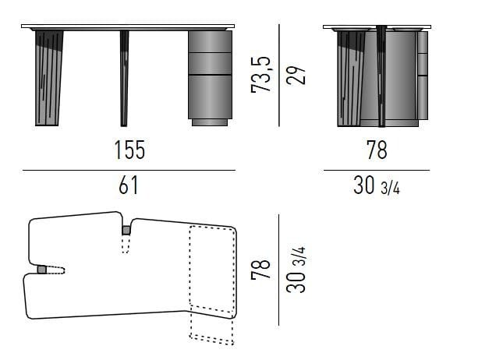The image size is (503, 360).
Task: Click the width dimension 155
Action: [x=130, y=150]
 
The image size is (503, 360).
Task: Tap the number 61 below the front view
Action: [x=129, y=185]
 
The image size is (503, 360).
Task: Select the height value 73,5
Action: [x=260, y=74]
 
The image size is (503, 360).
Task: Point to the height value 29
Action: [x=296, y=76]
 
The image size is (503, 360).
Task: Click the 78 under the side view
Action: [x=377, y=150]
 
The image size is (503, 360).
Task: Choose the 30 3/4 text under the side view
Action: [x=377, y=185]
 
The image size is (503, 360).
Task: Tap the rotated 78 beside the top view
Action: [x=260, y=268]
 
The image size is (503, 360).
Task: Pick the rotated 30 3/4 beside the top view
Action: [x=296, y=270]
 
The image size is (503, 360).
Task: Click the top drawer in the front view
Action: [x=210, y=41]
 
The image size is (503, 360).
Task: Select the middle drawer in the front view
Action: [x=210, y=63]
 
